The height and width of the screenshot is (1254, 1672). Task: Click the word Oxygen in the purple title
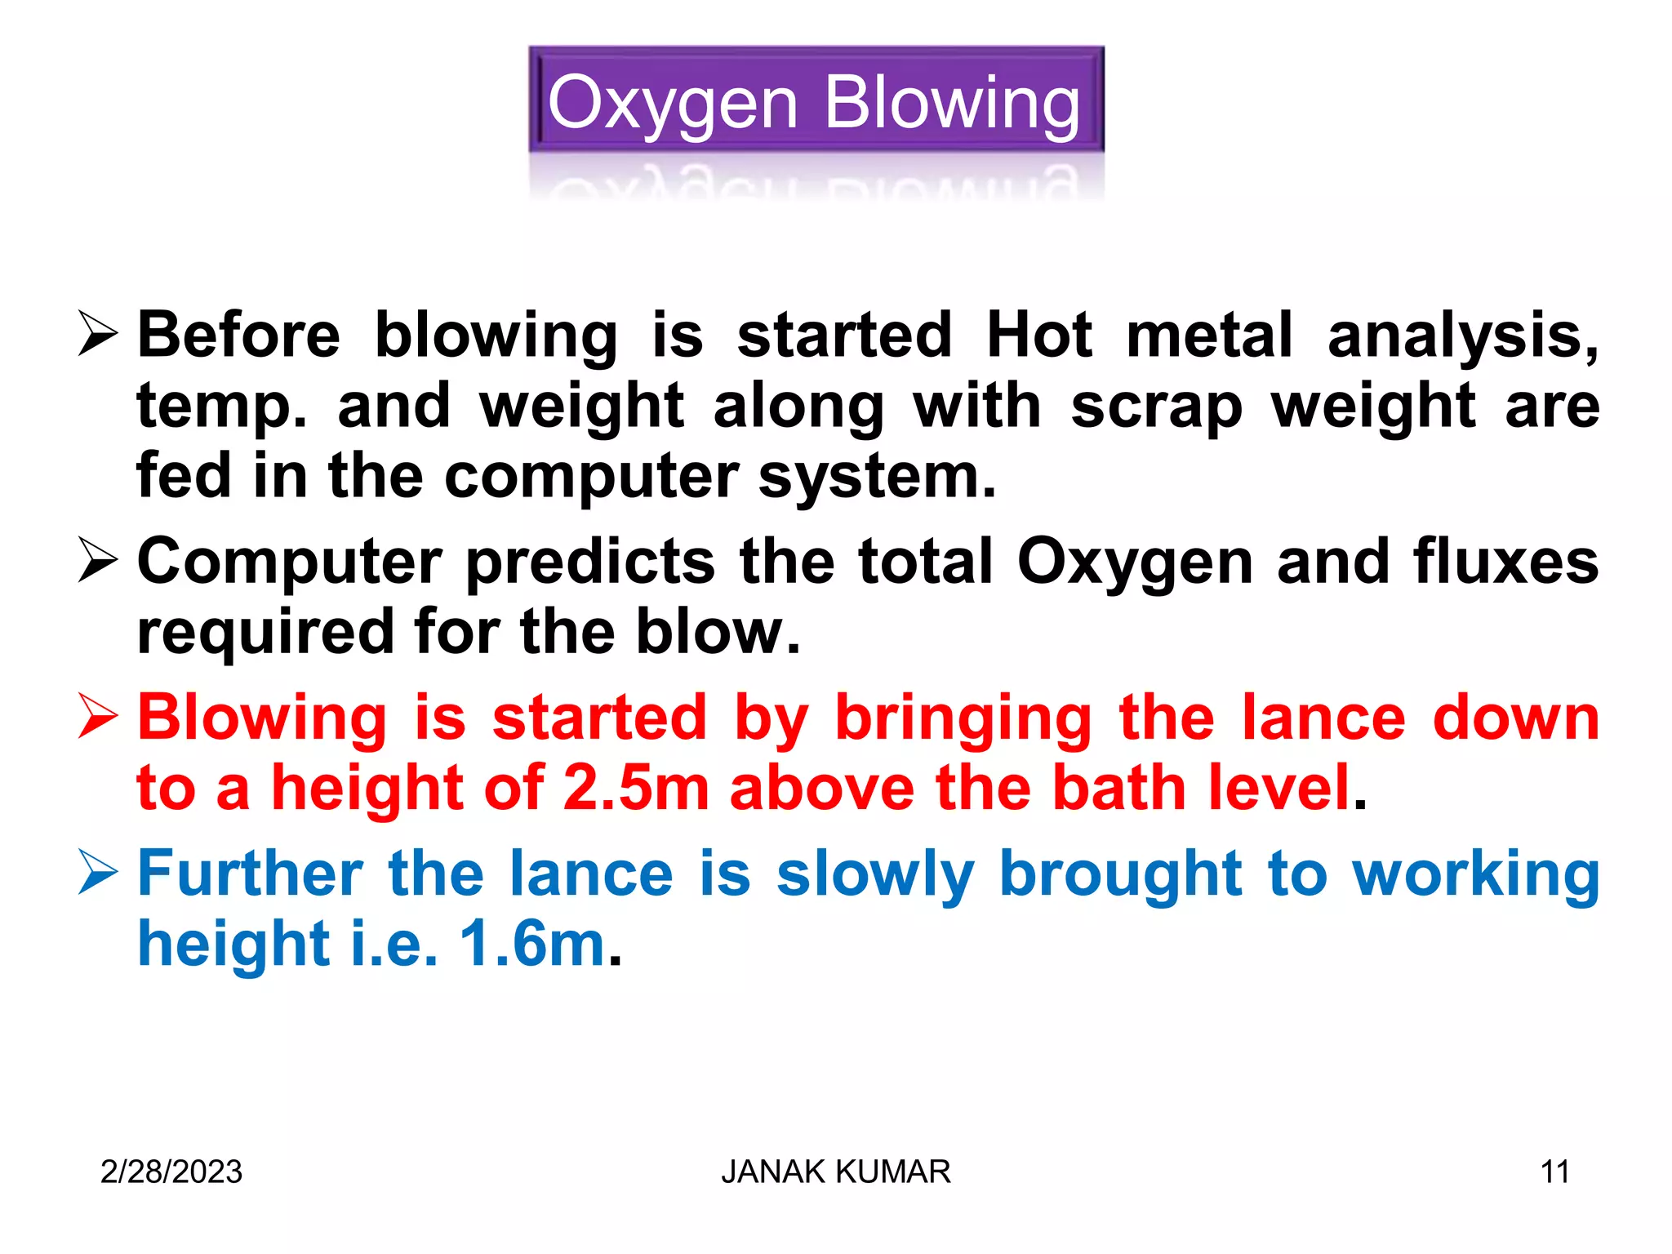(x=672, y=104)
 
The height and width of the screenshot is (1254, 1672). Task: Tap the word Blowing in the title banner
(x=952, y=104)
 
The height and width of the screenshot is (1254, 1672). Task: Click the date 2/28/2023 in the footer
(x=171, y=1172)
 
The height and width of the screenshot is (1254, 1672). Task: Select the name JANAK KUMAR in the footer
(x=835, y=1172)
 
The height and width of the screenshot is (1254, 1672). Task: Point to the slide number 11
(x=1554, y=1172)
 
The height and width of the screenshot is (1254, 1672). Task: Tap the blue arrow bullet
(x=98, y=871)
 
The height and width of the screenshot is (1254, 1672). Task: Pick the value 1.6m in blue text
(x=532, y=944)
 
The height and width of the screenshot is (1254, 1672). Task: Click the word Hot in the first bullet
(x=1038, y=335)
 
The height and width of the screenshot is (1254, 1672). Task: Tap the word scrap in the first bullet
(x=1156, y=406)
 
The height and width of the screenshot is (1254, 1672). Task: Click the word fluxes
(x=1505, y=562)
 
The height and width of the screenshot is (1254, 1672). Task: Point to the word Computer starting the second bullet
(x=290, y=562)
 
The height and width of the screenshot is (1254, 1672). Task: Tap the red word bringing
(x=963, y=719)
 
